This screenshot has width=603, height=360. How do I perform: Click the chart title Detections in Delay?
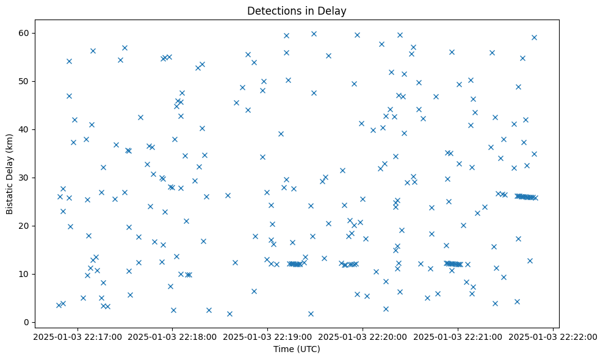coord(297,11)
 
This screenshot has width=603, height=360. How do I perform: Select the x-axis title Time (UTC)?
coord(297,349)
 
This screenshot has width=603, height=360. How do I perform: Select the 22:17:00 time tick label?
coord(76,337)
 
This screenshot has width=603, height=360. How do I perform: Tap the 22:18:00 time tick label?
coord(172,337)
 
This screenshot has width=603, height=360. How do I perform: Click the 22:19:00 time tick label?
coord(267,337)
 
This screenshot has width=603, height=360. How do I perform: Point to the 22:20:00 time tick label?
coord(363,337)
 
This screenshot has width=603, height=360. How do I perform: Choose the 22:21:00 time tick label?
coord(458,337)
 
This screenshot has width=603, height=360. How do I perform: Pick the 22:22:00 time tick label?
coord(553,337)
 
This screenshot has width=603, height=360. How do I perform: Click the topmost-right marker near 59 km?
coord(534,37)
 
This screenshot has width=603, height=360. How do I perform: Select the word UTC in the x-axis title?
coord(309,349)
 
